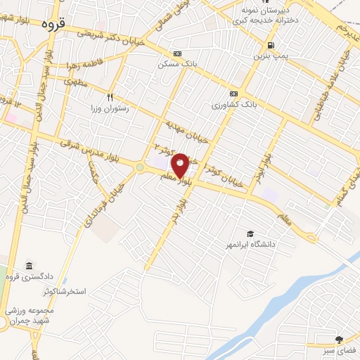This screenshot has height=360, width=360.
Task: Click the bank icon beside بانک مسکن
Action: click(x=176, y=53)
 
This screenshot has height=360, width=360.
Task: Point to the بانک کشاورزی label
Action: click(x=233, y=105)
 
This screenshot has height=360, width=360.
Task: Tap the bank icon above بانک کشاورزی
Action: click(x=233, y=94)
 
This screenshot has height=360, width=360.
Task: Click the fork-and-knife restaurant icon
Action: click(x=109, y=97)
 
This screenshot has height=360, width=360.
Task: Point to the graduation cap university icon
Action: click(x=250, y=233)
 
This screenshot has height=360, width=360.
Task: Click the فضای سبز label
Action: click(x=344, y=349)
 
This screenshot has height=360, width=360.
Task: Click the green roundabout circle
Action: click(x=139, y=167)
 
